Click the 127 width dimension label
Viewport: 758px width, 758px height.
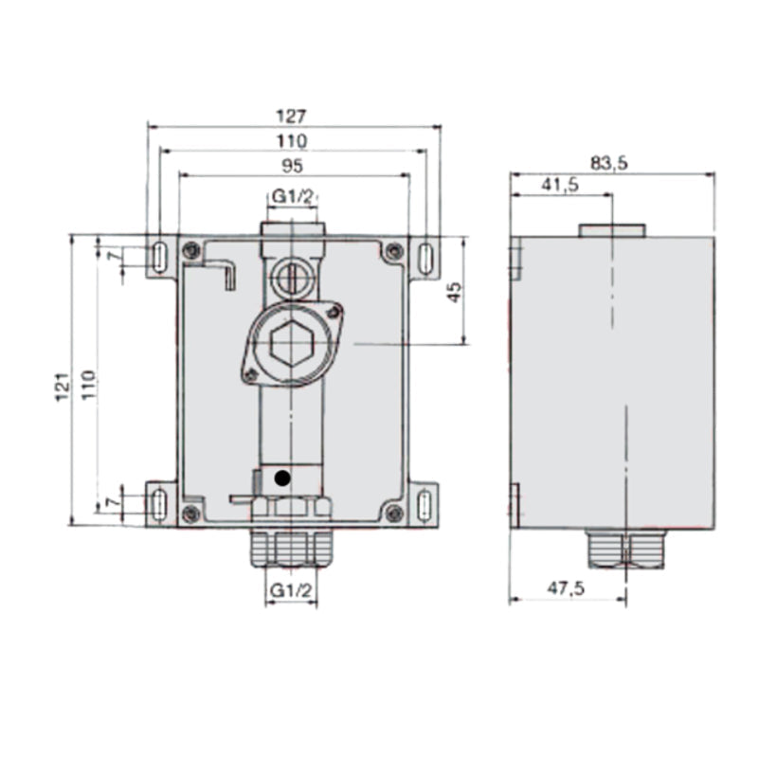tap(293, 117)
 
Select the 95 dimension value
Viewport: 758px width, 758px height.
tap(293, 165)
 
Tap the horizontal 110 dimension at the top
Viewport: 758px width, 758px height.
tap(293, 141)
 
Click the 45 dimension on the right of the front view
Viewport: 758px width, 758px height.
tap(454, 292)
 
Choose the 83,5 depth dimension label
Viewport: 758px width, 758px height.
tap(609, 163)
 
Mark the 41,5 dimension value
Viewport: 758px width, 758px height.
tap(560, 187)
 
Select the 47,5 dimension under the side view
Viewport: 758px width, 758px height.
tap(566, 588)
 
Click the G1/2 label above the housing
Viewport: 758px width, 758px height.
tap(292, 196)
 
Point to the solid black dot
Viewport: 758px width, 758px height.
tap(281, 479)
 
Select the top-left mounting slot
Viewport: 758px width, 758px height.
tap(159, 256)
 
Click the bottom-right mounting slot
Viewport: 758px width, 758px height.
tap(425, 502)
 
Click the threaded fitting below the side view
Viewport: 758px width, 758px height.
tap(625, 549)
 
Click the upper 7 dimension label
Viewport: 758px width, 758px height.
tap(114, 257)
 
